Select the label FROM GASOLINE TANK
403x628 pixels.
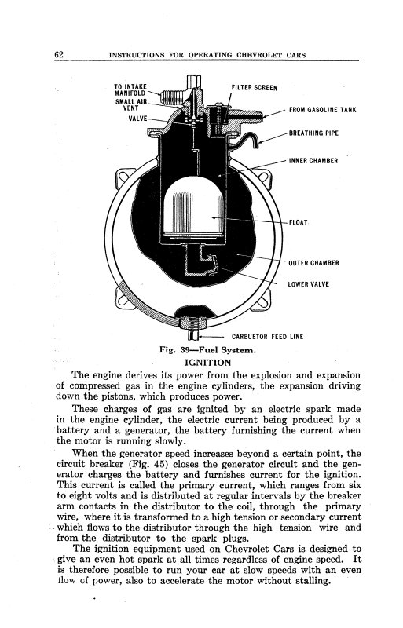(x=323, y=111)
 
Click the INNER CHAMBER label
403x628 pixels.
(x=313, y=161)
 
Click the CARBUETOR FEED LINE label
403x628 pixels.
(x=266, y=338)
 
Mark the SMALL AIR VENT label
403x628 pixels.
(x=130, y=106)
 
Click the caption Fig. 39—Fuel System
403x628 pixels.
(x=203, y=350)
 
